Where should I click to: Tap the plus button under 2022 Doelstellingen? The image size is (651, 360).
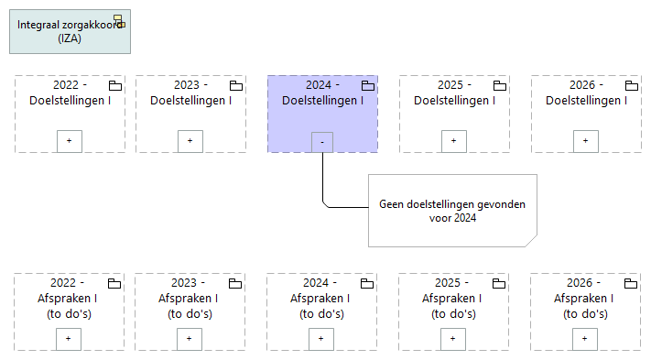[70, 141]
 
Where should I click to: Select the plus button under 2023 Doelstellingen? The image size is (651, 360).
[190, 141]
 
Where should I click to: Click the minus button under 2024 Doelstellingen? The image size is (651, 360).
[321, 142]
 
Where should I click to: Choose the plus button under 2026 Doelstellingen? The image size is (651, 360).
[586, 141]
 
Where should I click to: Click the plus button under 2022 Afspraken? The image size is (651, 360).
[70, 338]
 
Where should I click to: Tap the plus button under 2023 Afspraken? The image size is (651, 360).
[190, 338]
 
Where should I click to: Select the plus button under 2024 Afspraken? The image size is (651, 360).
[321, 338]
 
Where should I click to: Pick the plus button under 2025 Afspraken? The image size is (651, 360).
[453, 338]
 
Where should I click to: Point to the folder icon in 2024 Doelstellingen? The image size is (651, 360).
[368, 85]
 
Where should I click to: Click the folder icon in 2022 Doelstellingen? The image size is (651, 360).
[115, 85]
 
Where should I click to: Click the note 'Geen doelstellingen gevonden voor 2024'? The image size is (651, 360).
[452, 211]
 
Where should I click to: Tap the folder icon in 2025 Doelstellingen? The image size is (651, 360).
[500, 85]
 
